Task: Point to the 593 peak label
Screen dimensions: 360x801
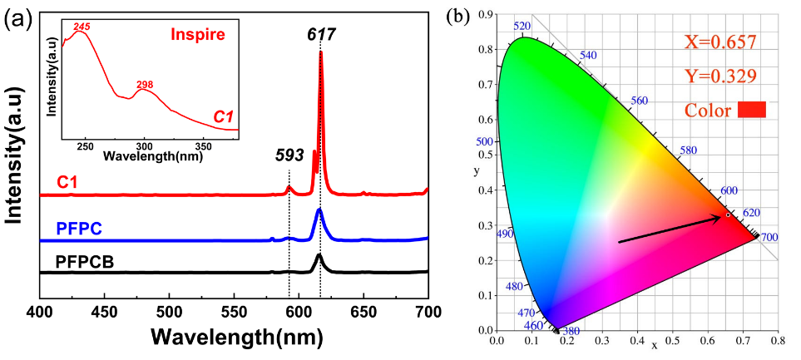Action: (x=289, y=155)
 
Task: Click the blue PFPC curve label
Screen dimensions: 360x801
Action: (x=79, y=229)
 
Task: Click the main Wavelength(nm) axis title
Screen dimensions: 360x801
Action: (x=234, y=339)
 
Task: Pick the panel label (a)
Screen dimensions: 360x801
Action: (x=18, y=19)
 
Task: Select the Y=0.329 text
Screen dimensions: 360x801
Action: (x=720, y=76)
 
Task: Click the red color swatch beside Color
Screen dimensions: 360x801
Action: (x=751, y=110)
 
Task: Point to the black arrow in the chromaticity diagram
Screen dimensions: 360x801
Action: (x=670, y=229)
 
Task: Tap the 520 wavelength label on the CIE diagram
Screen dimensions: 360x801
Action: (x=522, y=26)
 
